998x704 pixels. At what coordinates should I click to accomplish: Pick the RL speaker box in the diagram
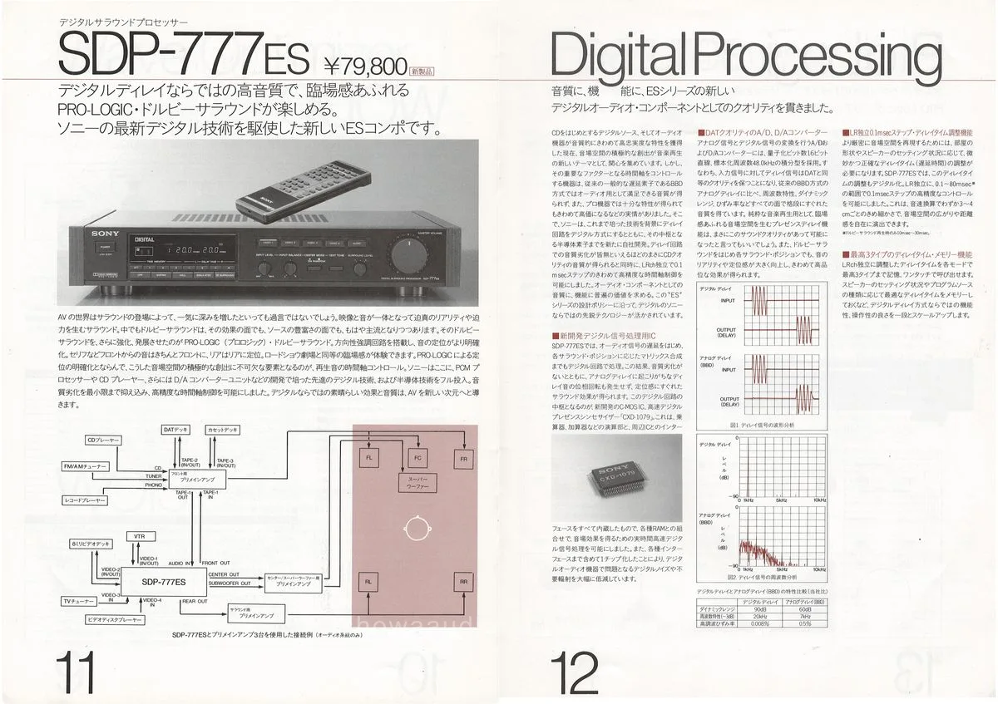(x=368, y=581)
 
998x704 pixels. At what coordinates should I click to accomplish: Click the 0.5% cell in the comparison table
(x=804, y=623)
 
